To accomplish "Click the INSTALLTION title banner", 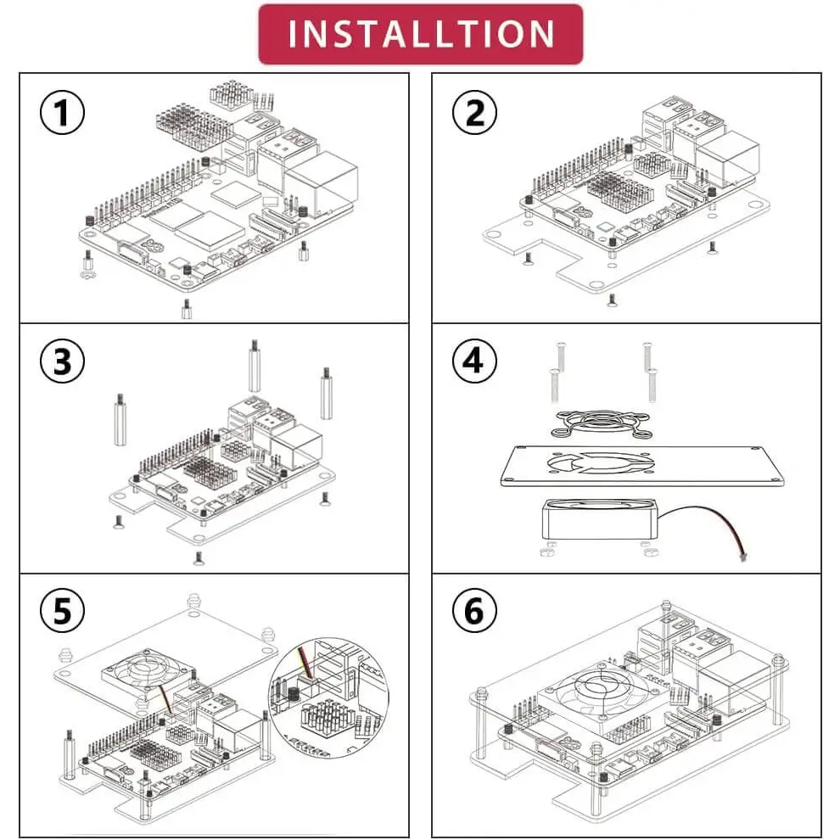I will pos(421,34).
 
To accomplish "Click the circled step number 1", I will pos(63,113).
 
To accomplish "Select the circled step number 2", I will pos(474,112).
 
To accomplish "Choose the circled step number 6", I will pos(474,610).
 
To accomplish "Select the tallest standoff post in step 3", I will pos(255,365).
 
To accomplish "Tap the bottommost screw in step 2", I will pos(612,300).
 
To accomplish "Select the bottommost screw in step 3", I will pos(199,557).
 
